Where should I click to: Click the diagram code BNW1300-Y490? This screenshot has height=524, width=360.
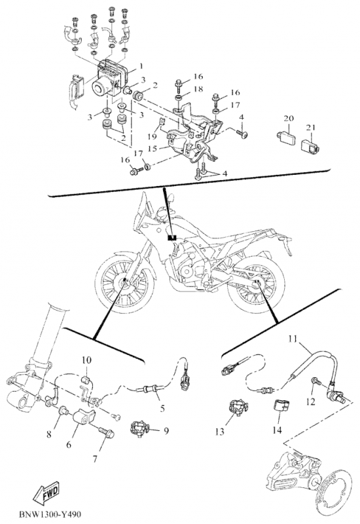tap(50, 514)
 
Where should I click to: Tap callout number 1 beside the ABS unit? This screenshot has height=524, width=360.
tap(141, 66)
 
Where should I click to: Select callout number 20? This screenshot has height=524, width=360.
tap(289, 119)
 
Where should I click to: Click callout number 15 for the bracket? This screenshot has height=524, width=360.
tap(153, 148)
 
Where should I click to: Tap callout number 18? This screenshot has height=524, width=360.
tap(198, 89)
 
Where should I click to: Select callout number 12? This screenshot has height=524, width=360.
tap(310, 401)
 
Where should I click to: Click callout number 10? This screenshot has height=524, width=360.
tap(86, 360)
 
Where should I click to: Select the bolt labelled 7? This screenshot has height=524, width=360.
tap(106, 433)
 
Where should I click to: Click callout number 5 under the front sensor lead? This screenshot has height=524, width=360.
tap(162, 408)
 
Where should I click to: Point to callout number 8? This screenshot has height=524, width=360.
tap(49, 434)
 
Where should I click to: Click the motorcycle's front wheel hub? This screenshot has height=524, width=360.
tap(124, 283)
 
